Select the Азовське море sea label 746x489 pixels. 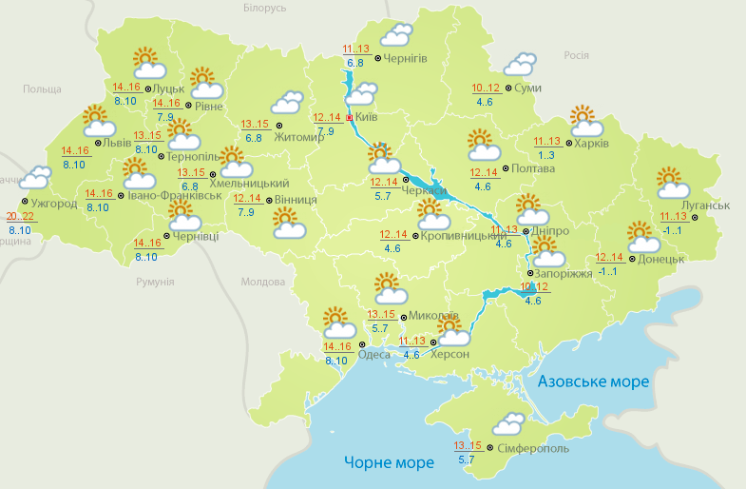pos(593,381)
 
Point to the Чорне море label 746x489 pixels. pos(389,462)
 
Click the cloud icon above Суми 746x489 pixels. pos(519,65)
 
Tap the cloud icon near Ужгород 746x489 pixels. pos(36,177)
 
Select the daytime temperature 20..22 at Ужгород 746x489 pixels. pos(19,217)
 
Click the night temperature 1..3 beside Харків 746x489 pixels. pos(545,155)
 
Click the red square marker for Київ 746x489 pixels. pos(349,118)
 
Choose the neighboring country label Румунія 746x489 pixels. pos(155,283)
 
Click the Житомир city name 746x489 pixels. pos(299,137)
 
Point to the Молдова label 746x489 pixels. pos(263,283)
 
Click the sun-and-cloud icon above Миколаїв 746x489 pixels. pos(387,287)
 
